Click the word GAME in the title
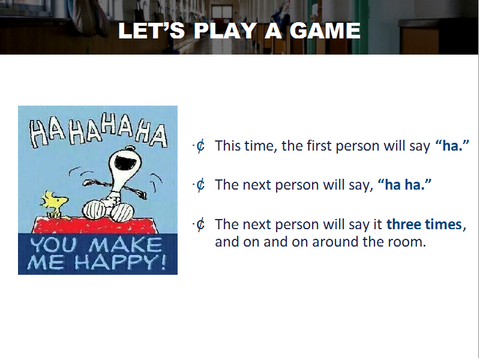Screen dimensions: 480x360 pos(325,31)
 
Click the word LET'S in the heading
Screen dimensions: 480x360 pos(152,31)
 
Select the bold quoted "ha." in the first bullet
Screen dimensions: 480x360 pos(452,146)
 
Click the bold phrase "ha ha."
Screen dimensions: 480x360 pos(404,185)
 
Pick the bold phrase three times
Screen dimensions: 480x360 pos(424,224)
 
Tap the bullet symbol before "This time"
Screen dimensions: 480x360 pos(200,146)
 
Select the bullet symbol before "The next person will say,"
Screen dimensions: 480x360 pos(200,185)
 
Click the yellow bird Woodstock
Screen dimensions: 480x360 pos(55,203)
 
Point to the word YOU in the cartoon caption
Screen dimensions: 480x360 pos(53,245)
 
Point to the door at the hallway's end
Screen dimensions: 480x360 pos(222,14)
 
